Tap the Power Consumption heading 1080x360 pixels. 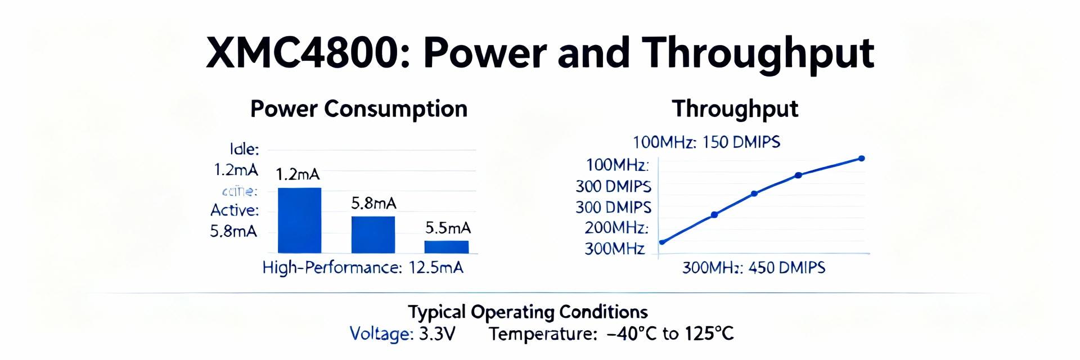click(358, 109)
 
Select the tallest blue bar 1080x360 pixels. click(299, 220)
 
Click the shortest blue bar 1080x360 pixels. click(446, 247)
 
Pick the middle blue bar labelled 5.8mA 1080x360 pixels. click(373, 235)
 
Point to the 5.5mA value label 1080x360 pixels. click(448, 228)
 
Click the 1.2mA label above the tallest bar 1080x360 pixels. click(298, 174)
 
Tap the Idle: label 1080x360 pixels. click(244, 149)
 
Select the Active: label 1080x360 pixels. click(235, 210)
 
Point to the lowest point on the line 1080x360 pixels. click(662, 242)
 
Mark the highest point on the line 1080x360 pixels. click(861, 159)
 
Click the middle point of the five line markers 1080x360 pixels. click(754, 193)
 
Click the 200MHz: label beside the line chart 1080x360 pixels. click(616, 228)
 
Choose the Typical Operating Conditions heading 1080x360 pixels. click(528, 312)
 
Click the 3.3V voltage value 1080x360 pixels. click(437, 334)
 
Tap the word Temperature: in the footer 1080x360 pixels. click(542, 334)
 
